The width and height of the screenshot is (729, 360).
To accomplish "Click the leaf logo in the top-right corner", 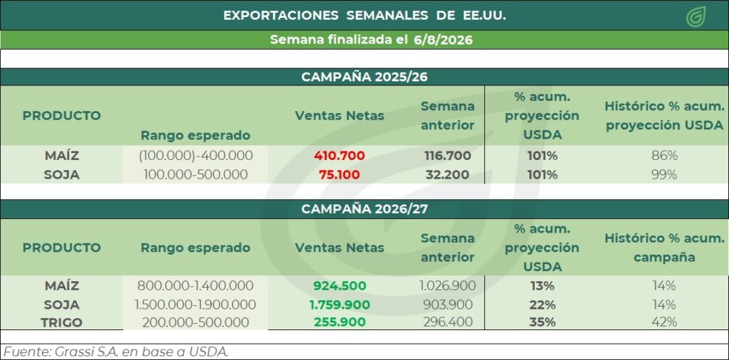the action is (x=696, y=16).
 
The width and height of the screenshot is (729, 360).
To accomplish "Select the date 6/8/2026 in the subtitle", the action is (x=443, y=40).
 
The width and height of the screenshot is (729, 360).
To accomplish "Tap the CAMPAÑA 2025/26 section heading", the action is (x=364, y=77).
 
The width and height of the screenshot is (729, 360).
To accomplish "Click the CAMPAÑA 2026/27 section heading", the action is (x=364, y=209).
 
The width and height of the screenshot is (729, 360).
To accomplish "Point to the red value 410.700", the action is (x=340, y=156).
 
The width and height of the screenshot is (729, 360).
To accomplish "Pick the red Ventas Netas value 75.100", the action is (x=340, y=174).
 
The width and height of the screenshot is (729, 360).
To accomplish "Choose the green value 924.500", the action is (x=340, y=286).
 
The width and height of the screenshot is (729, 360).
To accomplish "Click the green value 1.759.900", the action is (x=340, y=305).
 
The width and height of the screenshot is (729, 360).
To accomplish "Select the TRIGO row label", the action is (x=62, y=322).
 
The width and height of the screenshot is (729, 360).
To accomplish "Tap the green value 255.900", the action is (x=340, y=322).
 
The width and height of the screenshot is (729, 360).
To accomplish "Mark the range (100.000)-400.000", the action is (x=196, y=156).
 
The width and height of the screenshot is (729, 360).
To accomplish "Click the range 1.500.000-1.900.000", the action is (x=195, y=305).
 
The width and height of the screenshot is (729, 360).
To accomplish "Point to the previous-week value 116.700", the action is (x=448, y=156).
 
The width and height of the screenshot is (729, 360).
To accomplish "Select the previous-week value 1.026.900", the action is (x=448, y=286).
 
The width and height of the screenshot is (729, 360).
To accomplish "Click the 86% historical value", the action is (x=664, y=156).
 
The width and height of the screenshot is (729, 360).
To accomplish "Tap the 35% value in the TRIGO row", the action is (x=542, y=322).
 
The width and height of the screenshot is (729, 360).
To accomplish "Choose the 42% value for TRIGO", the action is (x=664, y=322).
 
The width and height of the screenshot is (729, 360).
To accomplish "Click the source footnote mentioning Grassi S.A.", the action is (x=116, y=351).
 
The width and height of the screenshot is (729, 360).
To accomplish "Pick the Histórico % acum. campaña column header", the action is (x=664, y=248).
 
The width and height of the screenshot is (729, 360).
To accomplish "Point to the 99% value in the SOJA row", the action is (x=664, y=174).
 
